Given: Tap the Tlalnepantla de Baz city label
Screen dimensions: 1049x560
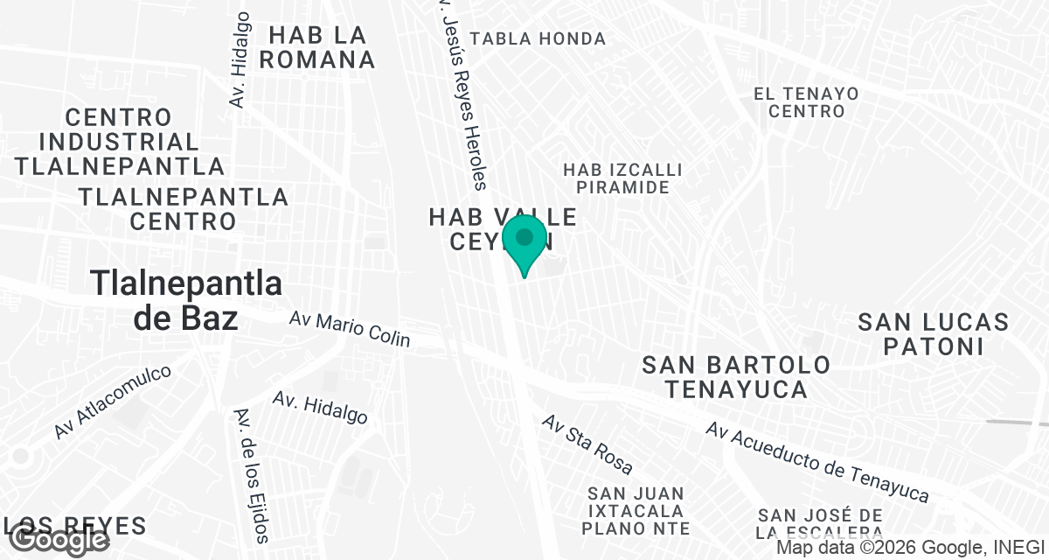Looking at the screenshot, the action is pyautogui.click(x=186, y=300).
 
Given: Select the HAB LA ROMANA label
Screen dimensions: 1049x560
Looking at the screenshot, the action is pyautogui.click(x=316, y=47).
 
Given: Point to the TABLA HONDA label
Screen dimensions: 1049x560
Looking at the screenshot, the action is pyautogui.click(x=538, y=38).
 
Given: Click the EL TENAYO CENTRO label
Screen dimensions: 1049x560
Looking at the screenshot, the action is pyautogui.click(x=806, y=102).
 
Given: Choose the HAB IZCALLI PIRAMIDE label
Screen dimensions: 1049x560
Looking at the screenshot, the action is pyautogui.click(x=622, y=178).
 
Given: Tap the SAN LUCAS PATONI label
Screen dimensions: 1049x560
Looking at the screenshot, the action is pyautogui.click(x=933, y=333).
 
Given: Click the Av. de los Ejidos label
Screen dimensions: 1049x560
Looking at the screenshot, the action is pyautogui.click(x=254, y=475).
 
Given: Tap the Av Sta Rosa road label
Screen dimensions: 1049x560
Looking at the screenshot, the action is pyautogui.click(x=587, y=444).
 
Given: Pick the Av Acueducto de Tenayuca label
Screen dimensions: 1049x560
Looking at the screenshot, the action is pyautogui.click(x=816, y=463).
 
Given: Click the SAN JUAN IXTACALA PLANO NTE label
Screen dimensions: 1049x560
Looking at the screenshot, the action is pyautogui.click(x=636, y=511).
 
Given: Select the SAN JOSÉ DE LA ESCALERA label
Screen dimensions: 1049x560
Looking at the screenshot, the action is pyautogui.click(x=820, y=524).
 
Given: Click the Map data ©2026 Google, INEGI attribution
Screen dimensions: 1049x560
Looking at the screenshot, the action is pyautogui.click(x=910, y=548).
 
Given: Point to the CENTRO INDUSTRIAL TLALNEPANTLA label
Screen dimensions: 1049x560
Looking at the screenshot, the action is pyautogui.click(x=119, y=141).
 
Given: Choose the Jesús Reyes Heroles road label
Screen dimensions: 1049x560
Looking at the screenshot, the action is pyautogui.click(x=462, y=96).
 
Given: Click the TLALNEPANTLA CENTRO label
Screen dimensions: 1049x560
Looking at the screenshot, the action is pyautogui.click(x=184, y=208).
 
